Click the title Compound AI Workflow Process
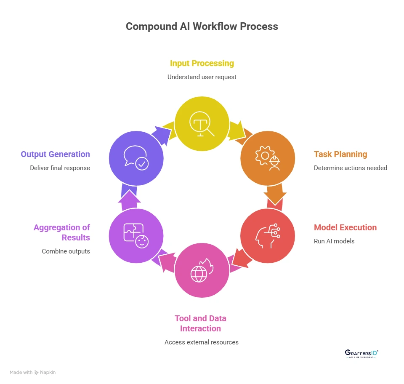click(x=202, y=26)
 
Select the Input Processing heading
click(x=202, y=63)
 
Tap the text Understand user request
click(x=202, y=77)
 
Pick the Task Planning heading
click(x=340, y=154)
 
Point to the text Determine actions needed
click(x=351, y=168)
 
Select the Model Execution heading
click(x=345, y=227)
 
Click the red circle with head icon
click(x=268, y=236)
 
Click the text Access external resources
click(x=202, y=342)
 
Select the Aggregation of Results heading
click(x=62, y=232)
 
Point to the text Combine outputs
click(x=66, y=251)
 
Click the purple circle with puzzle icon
click(x=136, y=236)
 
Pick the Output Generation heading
click(x=56, y=154)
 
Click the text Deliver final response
click(x=60, y=168)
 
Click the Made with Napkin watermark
click(x=33, y=372)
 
